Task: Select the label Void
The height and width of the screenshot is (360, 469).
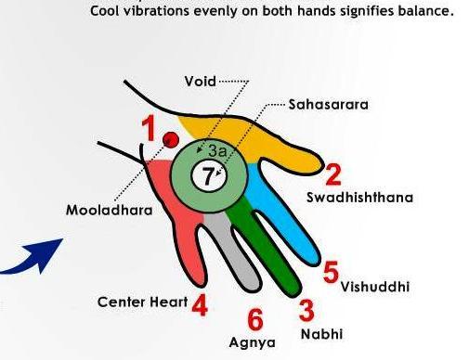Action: (x=200, y=82)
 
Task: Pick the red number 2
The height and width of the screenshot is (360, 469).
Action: (x=332, y=174)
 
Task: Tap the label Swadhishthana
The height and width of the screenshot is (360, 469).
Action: (x=360, y=197)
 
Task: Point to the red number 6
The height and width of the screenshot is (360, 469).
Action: (x=256, y=318)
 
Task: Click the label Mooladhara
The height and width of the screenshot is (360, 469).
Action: (x=101, y=210)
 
